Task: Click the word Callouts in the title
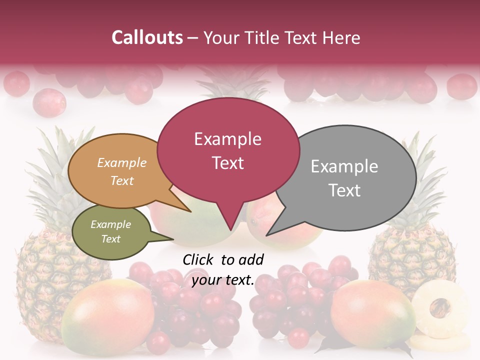[x=147, y=37]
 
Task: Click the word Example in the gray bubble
[x=344, y=166]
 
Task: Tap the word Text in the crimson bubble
[x=228, y=163]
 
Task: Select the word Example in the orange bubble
[x=122, y=162]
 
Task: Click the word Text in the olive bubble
[x=111, y=239]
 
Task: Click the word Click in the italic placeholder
[x=197, y=259]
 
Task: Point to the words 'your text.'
[x=223, y=280]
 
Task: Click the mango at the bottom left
[x=107, y=317]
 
